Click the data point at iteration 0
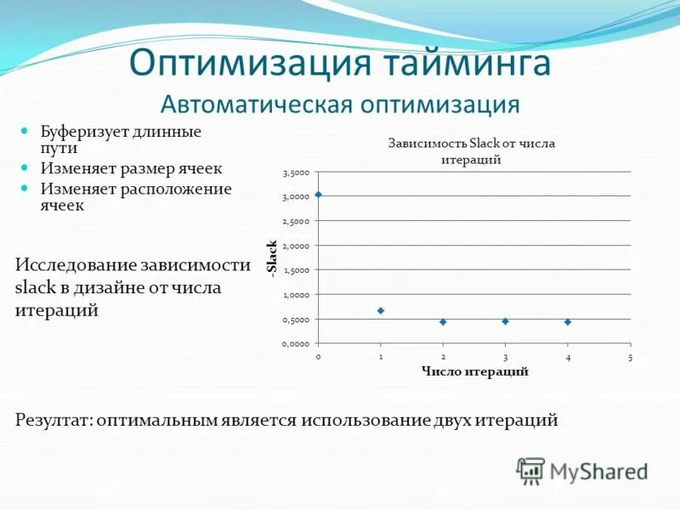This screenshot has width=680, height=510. pos(318,195)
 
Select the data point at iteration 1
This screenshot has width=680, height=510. pos(381,311)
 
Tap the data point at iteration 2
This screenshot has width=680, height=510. pos(443,322)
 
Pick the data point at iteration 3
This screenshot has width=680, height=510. pos(505,321)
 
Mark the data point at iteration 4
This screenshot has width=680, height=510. pos(567,322)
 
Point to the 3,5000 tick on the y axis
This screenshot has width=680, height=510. pos(297,173)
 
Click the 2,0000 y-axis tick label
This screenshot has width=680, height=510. pos(297,246)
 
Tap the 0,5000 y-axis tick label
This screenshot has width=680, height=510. pos(297,320)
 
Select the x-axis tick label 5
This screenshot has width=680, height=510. pos(630,357)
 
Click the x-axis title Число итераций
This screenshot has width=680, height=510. pos(474,371)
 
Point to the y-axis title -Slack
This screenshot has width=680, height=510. pos(272,258)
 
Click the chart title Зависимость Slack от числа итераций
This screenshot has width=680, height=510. pos(471,151)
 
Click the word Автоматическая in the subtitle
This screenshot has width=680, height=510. pos(256,105)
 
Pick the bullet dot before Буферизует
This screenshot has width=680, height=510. pos(25,132)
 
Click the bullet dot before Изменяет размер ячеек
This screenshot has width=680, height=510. pos(25,168)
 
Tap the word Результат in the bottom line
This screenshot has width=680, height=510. pos(53,420)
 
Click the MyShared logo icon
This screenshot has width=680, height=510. pos(530,470)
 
